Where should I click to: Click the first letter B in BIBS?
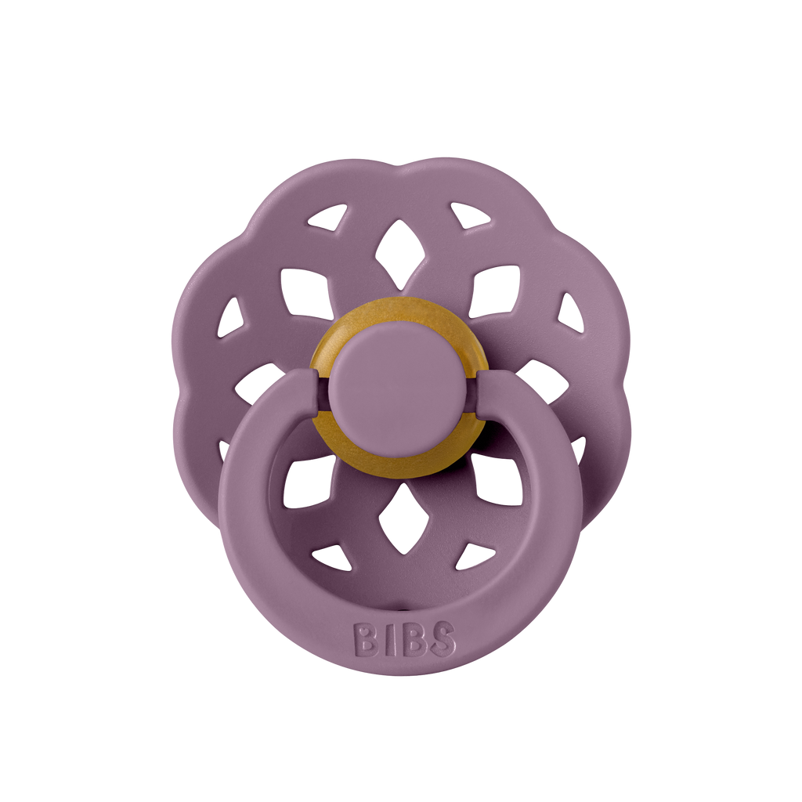click(x=366, y=640)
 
